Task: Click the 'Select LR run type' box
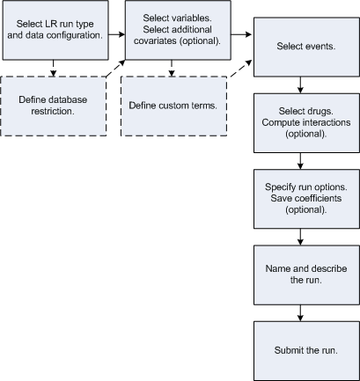click(55, 31)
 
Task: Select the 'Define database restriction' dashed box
click(55, 106)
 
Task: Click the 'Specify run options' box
click(301, 199)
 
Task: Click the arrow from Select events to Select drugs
click(301, 84)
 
